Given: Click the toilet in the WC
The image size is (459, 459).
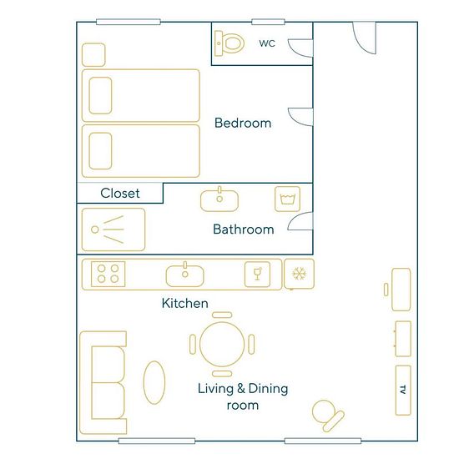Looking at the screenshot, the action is click(x=229, y=43).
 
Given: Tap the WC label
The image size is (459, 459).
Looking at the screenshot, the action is click(x=267, y=43).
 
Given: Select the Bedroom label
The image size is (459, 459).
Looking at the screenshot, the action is click(x=243, y=123).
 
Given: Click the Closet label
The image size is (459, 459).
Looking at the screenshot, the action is click(x=119, y=194).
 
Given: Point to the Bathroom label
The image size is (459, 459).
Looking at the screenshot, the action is click(x=243, y=229).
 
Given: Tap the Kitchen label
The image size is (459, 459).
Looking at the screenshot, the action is click(x=184, y=303).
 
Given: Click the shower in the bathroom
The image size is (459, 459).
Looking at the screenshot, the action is click(x=113, y=229).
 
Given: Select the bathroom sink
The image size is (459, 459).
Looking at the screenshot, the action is click(x=219, y=199).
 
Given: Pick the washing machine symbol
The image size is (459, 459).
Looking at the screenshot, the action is click(x=287, y=199).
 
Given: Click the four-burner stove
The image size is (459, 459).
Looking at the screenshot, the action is click(x=108, y=274).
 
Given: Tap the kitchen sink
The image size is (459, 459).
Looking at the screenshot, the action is click(x=184, y=275).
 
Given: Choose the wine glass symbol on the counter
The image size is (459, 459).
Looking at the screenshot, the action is click(x=257, y=275).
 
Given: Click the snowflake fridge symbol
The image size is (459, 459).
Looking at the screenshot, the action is click(x=299, y=274).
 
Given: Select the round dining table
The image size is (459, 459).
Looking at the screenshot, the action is click(x=222, y=344).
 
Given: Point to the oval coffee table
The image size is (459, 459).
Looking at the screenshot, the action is click(x=154, y=382).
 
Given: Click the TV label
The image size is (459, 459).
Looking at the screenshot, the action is click(x=403, y=390).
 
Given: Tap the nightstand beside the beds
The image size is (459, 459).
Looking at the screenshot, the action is click(x=93, y=55).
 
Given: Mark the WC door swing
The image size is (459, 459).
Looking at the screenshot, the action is click(x=300, y=48).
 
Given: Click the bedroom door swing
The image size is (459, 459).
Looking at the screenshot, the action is click(x=300, y=117).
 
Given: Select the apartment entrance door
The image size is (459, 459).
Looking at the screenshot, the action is click(x=364, y=38).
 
